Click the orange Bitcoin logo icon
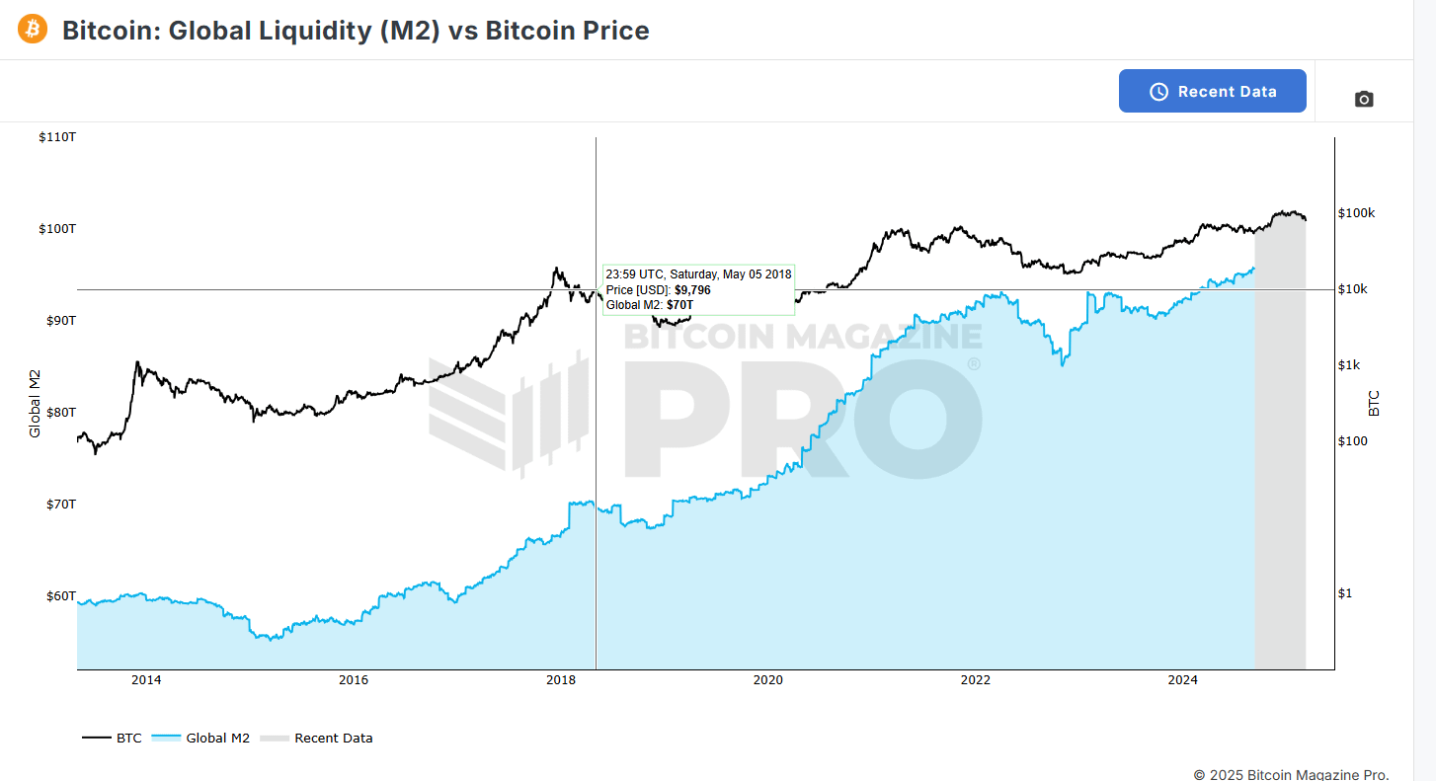point(33,29)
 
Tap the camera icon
point(1364,100)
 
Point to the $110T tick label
point(57,137)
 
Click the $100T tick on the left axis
point(57,229)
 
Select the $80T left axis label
point(61,413)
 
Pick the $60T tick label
point(61,596)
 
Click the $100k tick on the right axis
point(1356,213)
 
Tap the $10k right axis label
point(1353,289)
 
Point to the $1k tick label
point(1349,365)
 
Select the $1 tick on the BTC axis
point(1345,594)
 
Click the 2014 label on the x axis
point(146,680)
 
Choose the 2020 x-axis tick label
point(768,680)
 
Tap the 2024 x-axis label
point(1183,680)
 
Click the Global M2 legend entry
point(200,739)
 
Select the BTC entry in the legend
point(113,739)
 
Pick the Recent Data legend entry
point(316,739)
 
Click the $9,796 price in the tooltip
point(692,290)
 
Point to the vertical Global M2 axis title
point(35,404)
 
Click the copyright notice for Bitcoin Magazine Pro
point(1291,775)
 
